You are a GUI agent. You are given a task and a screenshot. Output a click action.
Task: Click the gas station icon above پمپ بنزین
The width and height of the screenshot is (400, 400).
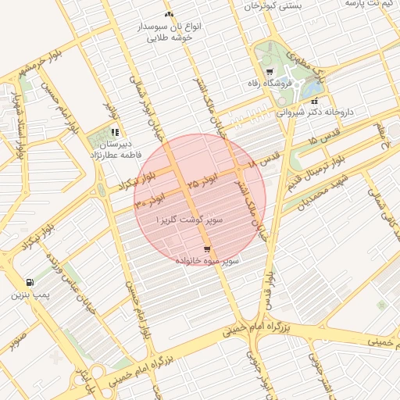click(29, 282)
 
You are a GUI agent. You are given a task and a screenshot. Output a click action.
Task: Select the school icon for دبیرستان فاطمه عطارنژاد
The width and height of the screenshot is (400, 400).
click(115, 132)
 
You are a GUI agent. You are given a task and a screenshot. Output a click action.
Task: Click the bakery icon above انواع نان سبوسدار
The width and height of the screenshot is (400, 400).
click(169, 15)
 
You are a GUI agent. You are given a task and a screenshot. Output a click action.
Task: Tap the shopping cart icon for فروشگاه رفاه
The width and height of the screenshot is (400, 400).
click(270, 72)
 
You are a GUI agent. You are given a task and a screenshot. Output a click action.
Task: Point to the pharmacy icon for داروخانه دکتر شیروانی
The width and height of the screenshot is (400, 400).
click(314, 101)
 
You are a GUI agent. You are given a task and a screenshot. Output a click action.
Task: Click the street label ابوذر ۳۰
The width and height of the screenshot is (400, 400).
click(150, 197)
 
